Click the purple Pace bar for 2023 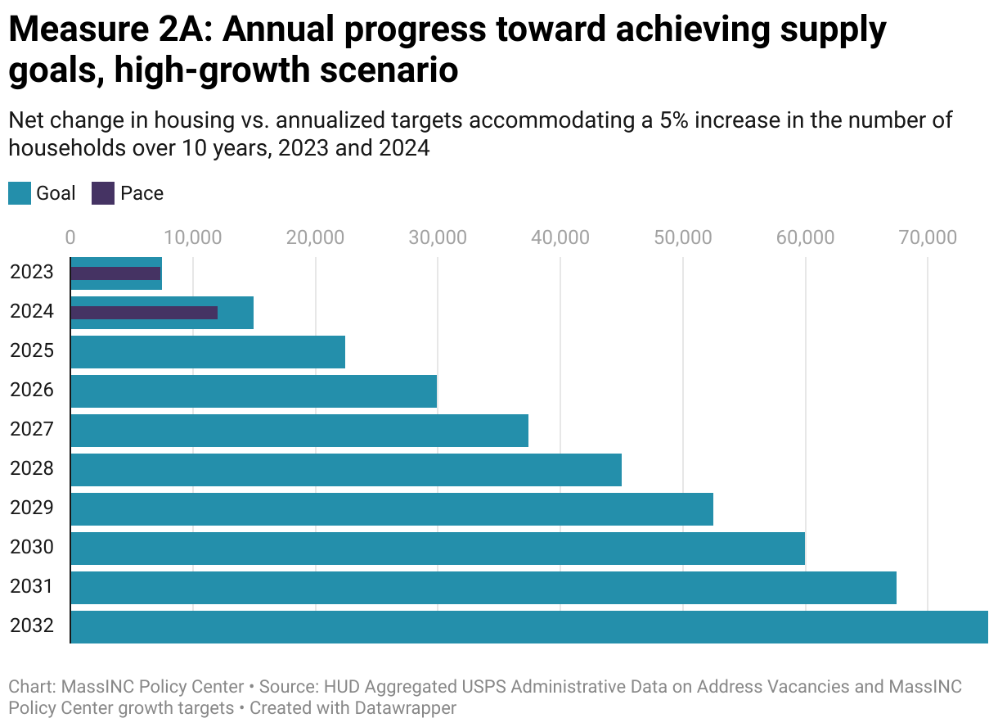[115, 273]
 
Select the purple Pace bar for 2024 [144, 313]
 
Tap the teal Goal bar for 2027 [299, 431]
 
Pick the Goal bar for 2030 [438, 549]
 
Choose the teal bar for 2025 [208, 352]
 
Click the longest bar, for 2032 [528, 627]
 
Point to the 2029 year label [32, 508]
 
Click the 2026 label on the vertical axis [32, 390]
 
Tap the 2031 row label [32, 586]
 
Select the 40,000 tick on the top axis [560, 237]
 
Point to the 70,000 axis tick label [927, 237]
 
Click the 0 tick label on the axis [70, 237]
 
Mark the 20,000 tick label [315, 237]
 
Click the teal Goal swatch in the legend [20, 194]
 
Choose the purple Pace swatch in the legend [103, 194]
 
